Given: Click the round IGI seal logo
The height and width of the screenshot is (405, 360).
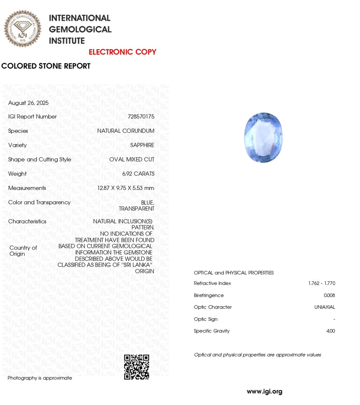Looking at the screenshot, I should pyautogui.click(x=22, y=28).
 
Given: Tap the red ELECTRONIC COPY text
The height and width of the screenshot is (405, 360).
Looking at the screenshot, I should pyautogui.click(x=122, y=52).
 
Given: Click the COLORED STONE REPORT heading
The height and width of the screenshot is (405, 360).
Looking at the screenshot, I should pyautogui.click(x=46, y=66).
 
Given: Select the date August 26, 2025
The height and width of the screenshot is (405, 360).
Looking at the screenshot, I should pyautogui.click(x=28, y=103).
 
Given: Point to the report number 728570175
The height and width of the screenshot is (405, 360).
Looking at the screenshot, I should pyautogui.click(x=141, y=117).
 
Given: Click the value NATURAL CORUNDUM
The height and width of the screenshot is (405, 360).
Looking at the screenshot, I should pyautogui.click(x=126, y=131).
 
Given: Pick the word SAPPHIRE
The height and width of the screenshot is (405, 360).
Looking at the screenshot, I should pyautogui.click(x=142, y=145).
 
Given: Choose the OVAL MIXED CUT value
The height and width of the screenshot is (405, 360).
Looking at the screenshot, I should pyautogui.click(x=132, y=159).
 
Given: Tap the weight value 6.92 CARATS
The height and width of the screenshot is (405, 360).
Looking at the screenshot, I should pyautogui.click(x=138, y=174).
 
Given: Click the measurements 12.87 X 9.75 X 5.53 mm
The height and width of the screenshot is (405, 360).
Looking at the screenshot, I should pyautogui.click(x=126, y=188).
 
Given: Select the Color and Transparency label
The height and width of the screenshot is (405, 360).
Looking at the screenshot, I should pyautogui.click(x=39, y=202).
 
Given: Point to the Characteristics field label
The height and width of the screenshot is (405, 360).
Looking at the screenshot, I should pyautogui.click(x=27, y=222).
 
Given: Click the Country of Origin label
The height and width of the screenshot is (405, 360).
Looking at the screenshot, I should pyautogui.click(x=23, y=251).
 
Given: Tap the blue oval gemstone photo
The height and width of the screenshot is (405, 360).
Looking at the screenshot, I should pyautogui.click(x=264, y=137).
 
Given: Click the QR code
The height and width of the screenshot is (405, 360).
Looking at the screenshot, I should pyautogui.click(x=136, y=367).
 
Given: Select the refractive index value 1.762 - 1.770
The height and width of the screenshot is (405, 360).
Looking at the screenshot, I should pyautogui.click(x=321, y=283).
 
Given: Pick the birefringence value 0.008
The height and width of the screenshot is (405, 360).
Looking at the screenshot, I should pyautogui.click(x=329, y=295).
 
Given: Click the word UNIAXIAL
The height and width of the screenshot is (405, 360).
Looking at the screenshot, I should pyautogui.click(x=324, y=307).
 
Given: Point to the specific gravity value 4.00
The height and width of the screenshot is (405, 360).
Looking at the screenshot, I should pyautogui.click(x=330, y=331).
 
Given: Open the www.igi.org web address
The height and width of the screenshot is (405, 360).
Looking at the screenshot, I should pyautogui.click(x=264, y=392).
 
